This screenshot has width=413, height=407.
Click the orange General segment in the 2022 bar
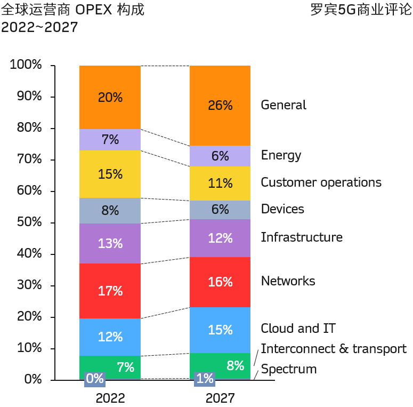click(110, 97)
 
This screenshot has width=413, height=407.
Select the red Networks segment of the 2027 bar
click(220, 282)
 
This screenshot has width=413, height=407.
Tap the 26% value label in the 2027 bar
click(220, 106)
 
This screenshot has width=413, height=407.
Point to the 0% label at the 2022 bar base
click(95, 379)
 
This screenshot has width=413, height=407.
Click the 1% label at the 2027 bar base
click(205, 379)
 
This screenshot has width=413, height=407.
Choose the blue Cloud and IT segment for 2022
click(110, 337)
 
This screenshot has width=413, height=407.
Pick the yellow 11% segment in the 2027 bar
click(220, 183)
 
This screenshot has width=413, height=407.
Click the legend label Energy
click(281, 155)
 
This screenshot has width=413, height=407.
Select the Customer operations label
click(321, 182)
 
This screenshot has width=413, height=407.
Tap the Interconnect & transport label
click(334, 349)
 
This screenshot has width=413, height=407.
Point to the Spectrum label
click(289, 369)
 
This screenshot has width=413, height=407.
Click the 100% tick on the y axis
click(26, 65)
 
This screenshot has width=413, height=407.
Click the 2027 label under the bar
click(220, 398)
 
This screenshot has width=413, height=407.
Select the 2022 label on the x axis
click(110, 398)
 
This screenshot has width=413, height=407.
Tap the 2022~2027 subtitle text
click(39, 27)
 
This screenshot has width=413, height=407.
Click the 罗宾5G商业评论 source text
click(361, 10)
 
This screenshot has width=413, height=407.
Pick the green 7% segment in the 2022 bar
click(110, 367)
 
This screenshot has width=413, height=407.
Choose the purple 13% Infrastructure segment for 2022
click(110, 244)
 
